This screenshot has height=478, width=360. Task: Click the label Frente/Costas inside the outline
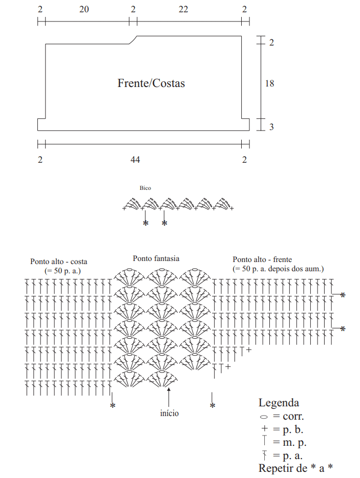click(151, 83)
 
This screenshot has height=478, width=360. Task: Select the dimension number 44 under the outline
click(135, 160)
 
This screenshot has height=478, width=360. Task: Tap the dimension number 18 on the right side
click(269, 83)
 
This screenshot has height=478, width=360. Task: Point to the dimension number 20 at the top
click(84, 9)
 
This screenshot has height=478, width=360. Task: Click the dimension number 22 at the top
click(183, 9)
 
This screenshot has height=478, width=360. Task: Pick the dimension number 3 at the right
click(271, 127)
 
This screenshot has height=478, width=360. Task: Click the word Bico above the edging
click(145, 188)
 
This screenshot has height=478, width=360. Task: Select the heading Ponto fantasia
click(156, 258)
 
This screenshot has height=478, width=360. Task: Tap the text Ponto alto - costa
click(58, 262)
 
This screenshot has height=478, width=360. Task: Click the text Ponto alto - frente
click(262, 259)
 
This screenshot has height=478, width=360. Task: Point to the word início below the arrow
click(170, 414)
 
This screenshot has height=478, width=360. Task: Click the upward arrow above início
click(168, 397)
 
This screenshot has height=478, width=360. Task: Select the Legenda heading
click(279, 403)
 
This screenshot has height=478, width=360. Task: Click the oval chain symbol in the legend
click(264, 417)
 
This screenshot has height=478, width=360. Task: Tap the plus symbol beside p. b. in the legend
click(264, 428)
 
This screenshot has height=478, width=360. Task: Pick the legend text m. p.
click(294, 442)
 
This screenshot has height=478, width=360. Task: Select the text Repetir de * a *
click(295, 468)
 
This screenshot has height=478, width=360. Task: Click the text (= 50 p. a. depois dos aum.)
click(278, 269)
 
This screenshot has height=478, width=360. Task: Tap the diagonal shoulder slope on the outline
click(133, 40)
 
